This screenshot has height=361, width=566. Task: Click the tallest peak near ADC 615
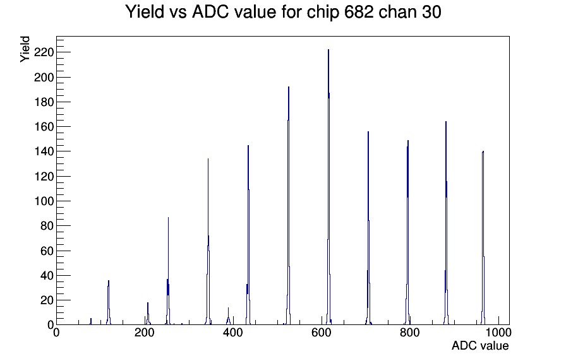tap(328, 187)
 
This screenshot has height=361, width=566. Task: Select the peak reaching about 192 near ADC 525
tap(289, 206)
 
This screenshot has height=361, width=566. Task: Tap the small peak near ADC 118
tap(108, 303)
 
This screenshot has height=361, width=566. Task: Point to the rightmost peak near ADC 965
tap(483, 238)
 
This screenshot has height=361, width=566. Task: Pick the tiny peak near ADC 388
tap(228, 317)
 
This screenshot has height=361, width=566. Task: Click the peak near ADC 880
tap(446, 223)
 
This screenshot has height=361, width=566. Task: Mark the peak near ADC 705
tap(368, 227)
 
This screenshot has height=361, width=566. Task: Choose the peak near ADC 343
tap(208, 242)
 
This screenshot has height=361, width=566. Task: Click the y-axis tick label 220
tap(44, 52)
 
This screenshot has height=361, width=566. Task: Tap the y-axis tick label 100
tap(44, 201)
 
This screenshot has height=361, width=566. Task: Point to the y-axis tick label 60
tap(47, 251)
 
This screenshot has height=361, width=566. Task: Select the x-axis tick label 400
tap(233, 333)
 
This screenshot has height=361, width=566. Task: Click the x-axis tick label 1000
tap(498, 333)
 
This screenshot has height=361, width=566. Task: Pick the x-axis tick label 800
tap(410, 333)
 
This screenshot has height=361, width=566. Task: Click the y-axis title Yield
tap(25, 49)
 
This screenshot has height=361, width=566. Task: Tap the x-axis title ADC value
tap(480, 345)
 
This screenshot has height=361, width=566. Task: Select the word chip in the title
tap(323, 13)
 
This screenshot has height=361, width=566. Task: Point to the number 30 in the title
tap(431, 12)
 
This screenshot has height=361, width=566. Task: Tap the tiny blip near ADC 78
tap(91, 321)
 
